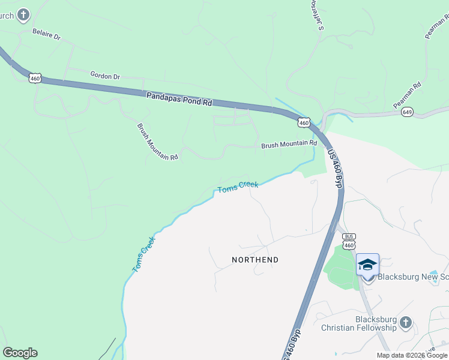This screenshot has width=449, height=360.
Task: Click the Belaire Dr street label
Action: click(47, 36)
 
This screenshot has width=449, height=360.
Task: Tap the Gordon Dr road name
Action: click(105, 76)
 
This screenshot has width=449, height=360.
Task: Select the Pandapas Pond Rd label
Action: click(179, 98)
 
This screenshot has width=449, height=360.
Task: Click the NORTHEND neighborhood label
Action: click(255, 260)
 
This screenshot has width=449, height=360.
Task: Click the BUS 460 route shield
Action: click(349, 241)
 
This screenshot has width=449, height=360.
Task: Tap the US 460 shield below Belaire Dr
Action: click(35, 79)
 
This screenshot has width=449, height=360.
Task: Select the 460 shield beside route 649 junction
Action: click(304, 122)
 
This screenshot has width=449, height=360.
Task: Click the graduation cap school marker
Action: click(367, 264)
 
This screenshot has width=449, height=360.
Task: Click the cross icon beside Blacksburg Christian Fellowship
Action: click(406, 323)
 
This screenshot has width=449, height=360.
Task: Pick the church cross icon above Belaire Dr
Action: click(23, 14)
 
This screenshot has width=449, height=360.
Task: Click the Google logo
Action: click(20, 353)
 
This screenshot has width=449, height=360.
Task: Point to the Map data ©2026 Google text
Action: click(412, 355)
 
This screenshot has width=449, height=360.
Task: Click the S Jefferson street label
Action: click(316, 16)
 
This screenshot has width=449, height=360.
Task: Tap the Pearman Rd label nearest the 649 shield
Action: click(407, 95)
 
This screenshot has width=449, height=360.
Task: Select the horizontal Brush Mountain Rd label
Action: click(289, 145)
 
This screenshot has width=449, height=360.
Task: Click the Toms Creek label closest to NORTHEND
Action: click(238, 187)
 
